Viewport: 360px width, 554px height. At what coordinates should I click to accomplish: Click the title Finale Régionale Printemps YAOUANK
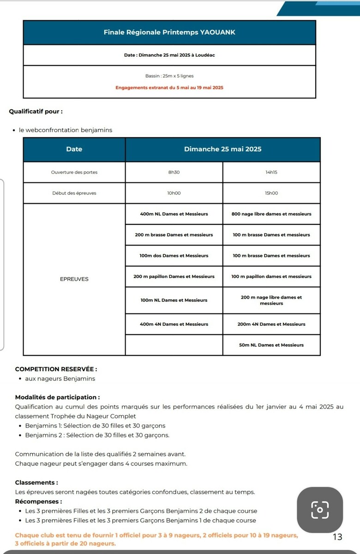pyautogui.click(x=169, y=32)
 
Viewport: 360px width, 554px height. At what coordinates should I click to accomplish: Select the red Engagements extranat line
pyautogui.click(x=169, y=87)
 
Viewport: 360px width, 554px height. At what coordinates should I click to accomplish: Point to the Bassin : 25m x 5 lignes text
pyautogui.click(x=169, y=76)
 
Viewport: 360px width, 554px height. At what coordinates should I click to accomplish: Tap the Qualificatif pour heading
pyautogui.click(x=36, y=112)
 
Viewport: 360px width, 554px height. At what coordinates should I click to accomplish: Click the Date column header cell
pyautogui.click(x=74, y=149)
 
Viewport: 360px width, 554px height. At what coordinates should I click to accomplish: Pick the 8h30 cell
pyautogui.click(x=174, y=172)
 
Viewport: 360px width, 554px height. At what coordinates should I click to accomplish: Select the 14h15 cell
pyautogui.click(x=271, y=172)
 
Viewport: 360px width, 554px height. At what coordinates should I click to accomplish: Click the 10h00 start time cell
pyautogui.click(x=174, y=193)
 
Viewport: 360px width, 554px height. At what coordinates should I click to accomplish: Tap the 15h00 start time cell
pyautogui.click(x=271, y=193)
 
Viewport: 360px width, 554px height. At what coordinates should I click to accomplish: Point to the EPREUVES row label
pyautogui.click(x=74, y=279)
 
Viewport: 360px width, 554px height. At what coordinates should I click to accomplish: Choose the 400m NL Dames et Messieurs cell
pyautogui.click(x=174, y=214)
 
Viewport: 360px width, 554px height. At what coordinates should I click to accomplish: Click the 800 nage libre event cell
pyautogui.click(x=271, y=214)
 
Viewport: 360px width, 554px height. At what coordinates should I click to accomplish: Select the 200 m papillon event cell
pyautogui.click(x=174, y=277)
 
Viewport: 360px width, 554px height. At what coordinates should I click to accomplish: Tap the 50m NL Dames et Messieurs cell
pyautogui.click(x=271, y=345)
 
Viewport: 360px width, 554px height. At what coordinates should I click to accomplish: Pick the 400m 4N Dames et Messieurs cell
pyautogui.click(x=174, y=324)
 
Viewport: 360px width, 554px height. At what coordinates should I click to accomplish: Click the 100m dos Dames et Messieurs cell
pyautogui.click(x=174, y=255)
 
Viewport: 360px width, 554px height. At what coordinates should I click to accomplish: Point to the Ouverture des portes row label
pyautogui.click(x=74, y=172)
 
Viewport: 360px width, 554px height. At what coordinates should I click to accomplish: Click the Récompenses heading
pyautogui.click(x=38, y=501)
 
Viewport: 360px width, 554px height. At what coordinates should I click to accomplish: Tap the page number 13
pyautogui.click(x=337, y=537)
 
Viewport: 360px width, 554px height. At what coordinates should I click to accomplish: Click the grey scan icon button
pyautogui.click(x=319, y=510)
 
